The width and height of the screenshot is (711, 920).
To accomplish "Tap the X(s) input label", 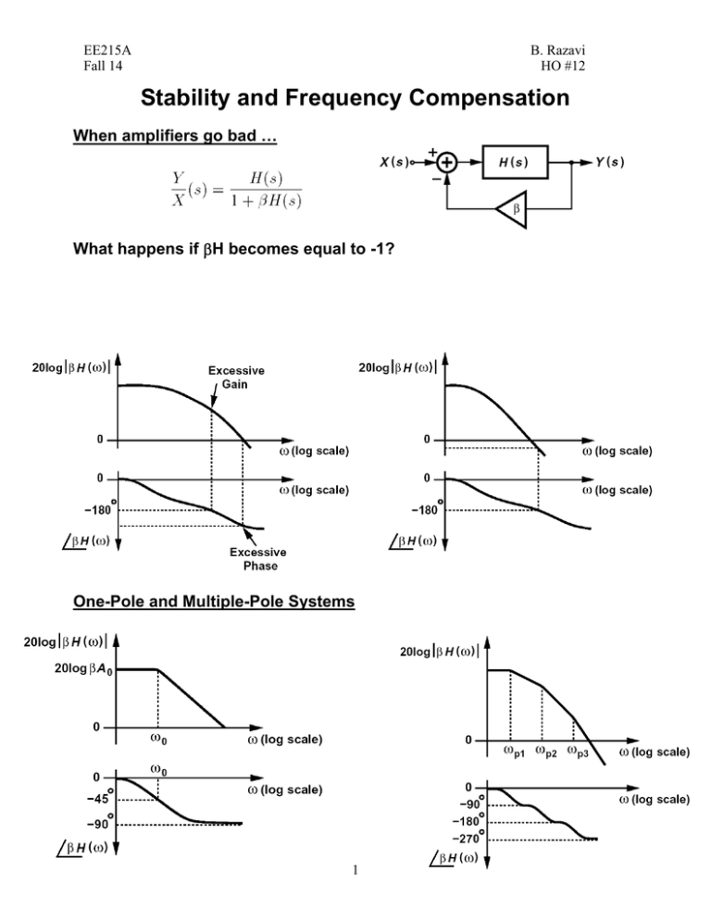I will [x=399, y=162].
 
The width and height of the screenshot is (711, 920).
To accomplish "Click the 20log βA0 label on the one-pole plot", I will [x=81, y=669].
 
